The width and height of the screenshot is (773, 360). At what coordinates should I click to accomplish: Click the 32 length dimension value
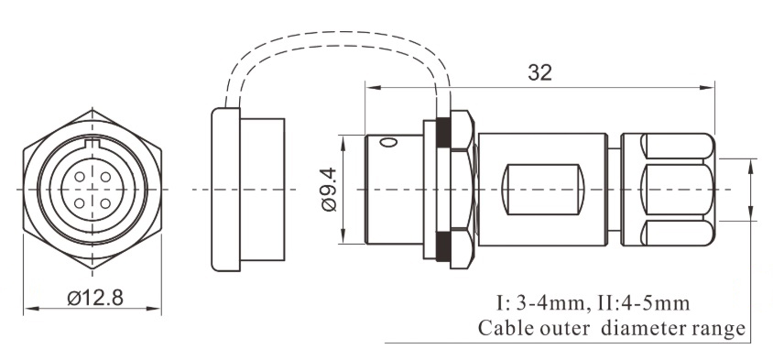[539, 73]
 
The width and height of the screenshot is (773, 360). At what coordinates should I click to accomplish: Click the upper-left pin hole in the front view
[81, 177]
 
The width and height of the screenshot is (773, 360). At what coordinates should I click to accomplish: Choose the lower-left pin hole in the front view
[81, 202]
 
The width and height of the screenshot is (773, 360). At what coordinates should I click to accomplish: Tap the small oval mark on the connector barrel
[388, 143]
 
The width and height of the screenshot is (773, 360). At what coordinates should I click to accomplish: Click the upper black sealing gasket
[442, 132]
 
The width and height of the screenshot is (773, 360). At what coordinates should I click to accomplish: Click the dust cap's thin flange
[220, 190]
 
